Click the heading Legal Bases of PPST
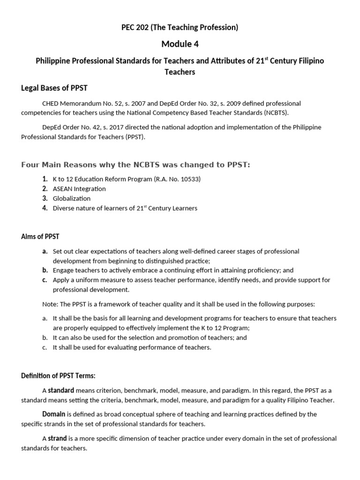point(54,88)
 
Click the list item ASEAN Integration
point(79,189)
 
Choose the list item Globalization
point(71,199)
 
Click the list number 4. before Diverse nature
point(45,208)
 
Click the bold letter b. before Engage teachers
point(45,270)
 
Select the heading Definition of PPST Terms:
point(58,375)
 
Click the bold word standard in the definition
point(61,390)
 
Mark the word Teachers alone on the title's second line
point(180,73)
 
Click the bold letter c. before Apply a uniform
point(45,280)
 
